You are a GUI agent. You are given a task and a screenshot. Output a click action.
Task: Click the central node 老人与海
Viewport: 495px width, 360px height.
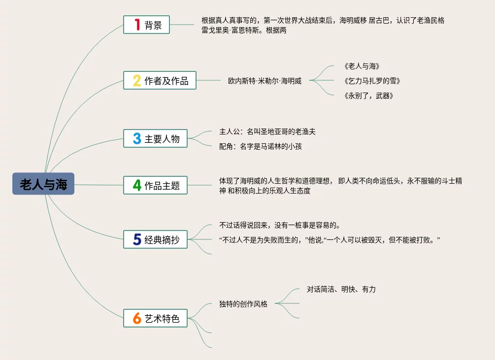[43, 184]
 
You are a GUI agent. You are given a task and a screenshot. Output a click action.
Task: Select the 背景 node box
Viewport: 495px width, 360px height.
[146, 25]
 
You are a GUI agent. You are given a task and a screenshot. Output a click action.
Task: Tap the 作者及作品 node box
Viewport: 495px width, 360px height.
[160, 81]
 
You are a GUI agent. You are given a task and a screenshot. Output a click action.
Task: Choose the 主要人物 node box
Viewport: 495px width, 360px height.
[155, 139]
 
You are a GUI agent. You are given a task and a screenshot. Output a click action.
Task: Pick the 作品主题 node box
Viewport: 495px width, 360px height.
[155, 185]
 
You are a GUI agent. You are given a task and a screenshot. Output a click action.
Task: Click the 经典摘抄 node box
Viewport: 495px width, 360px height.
[155, 240]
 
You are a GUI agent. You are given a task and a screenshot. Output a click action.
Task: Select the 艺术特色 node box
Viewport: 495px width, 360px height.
[155, 318]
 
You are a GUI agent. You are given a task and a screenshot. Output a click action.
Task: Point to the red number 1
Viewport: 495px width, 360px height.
[137, 25]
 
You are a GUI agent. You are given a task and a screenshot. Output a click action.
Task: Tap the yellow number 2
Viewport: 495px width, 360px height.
[137, 81]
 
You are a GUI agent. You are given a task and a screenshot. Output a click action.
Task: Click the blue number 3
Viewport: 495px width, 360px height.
[137, 139]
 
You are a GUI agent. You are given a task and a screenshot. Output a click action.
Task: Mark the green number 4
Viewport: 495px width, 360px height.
[137, 185]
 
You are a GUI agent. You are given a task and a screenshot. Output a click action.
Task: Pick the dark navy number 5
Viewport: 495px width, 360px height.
[137, 240]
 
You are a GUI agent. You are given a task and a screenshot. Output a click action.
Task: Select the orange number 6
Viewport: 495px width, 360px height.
[137, 318]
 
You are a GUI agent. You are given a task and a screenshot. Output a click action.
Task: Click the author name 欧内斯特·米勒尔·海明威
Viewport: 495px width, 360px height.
[264, 81]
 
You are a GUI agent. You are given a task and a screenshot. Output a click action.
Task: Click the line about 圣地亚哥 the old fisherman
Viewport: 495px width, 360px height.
[267, 131]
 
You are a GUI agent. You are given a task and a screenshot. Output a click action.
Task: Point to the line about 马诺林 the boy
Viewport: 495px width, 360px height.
[261, 146]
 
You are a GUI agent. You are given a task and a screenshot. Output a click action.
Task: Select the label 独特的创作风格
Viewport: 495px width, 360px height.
[243, 304]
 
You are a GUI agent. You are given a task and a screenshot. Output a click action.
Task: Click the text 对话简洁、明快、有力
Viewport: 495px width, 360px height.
[341, 289]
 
